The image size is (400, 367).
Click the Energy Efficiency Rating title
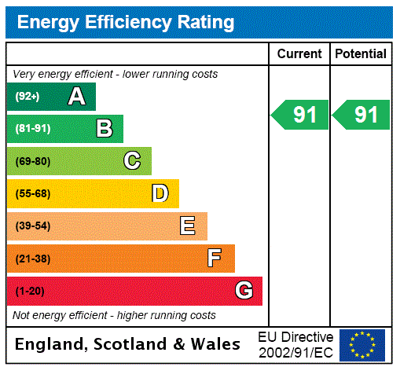(x=125, y=22)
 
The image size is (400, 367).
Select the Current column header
(x=299, y=54)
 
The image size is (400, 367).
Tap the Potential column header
(x=361, y=54)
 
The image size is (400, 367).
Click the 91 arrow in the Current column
(x=300, y=115)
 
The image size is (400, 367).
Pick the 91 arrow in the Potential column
(x=361, y=115)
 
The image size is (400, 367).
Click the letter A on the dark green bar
(x=76, y=97)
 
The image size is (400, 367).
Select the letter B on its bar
(x=104, y=129)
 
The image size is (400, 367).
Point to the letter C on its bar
(x=132, y=161)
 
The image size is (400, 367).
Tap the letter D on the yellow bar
(x=160, y=193)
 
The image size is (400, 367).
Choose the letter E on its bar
(x=188, y=226)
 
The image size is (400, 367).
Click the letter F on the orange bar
(x=215, y=258)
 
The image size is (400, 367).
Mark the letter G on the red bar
(x=244, y=291)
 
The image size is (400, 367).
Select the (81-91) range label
(x=32, y=129)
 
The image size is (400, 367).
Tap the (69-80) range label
(x=32, y=161)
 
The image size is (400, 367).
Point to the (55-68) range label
(x=32, y=193)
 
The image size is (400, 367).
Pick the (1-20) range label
(x=30, y=291)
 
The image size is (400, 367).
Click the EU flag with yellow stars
(x=362, y=344)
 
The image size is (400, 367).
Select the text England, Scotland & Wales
(x=128, y=344)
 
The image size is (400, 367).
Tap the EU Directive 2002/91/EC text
(x=295, y=344)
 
